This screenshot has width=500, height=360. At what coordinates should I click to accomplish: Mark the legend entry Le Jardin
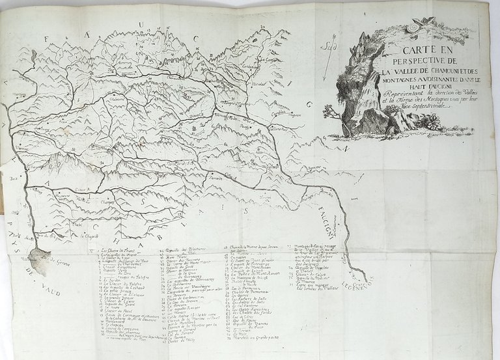[x=115, y=280]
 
